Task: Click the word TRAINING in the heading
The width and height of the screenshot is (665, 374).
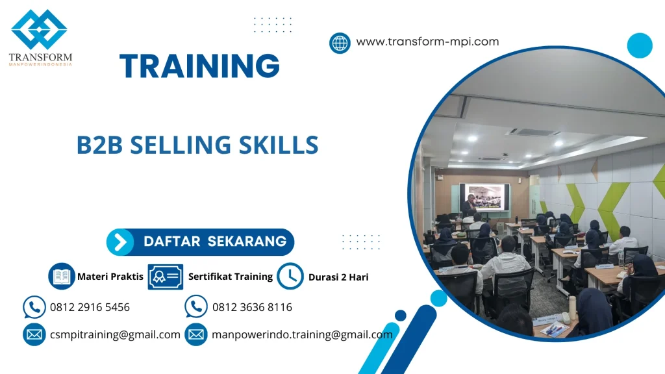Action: pyautogui.click(x=199, y=66)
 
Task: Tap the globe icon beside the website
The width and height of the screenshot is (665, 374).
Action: pyautogui.click(x=340, y=43)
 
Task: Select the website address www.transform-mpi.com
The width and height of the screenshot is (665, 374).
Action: pyautogui.click(x=427, y=42)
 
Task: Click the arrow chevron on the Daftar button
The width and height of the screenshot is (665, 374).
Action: pyautogui.click(x=120, y=242)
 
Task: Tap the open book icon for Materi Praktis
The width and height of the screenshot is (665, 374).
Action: pyautogui.click(x=62, y=277)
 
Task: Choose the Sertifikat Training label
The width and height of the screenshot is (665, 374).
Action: pyautogui.click(x=231, y=277)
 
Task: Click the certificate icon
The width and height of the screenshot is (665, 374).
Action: pyautogui.click(x=165, y=277)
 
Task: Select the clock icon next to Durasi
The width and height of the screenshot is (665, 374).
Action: pyautogui.click(x=290, y=277)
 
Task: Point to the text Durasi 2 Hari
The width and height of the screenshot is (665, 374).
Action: pyautogui.click(x=338, y=277)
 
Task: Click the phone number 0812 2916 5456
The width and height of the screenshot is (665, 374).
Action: pyautogui.click(x=90, y=307)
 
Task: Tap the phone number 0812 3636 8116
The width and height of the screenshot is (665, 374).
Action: pyautogui.click(x=252, y=307)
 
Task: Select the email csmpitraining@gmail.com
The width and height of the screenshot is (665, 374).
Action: pyautogui.click(x=115, y=334)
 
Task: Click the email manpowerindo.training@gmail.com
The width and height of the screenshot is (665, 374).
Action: pyautogui.click(x=302, y=334)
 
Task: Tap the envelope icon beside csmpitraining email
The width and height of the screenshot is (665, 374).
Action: pyautogui.click(x=34, y=335)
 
